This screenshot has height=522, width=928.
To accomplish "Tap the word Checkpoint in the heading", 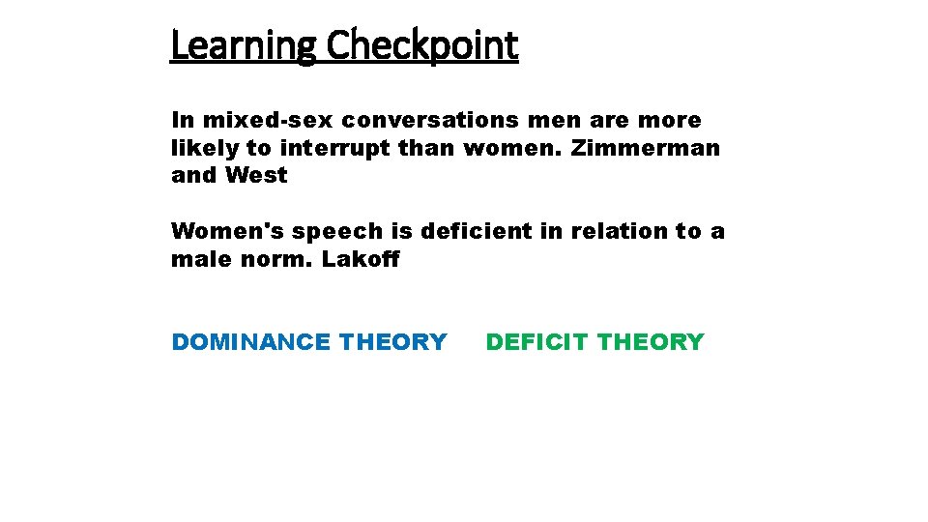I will [422, 45].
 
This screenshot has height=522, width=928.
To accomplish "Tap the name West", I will [256, 176].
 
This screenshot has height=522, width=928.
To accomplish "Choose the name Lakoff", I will [361, 259].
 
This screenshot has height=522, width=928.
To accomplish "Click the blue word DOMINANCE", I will [250, 342].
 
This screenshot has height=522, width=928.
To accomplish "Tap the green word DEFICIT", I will [537, 342].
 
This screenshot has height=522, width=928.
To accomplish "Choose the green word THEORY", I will [652, 342].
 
